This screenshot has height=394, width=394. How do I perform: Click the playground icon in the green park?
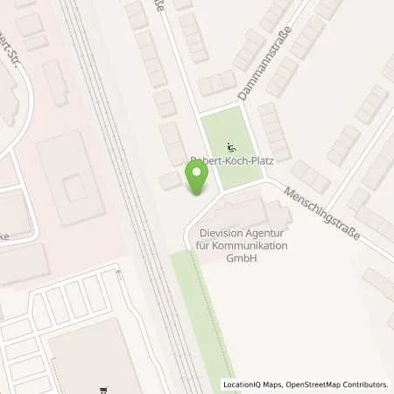click(231, 146)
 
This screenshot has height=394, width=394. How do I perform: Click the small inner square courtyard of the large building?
click(74, 184)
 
